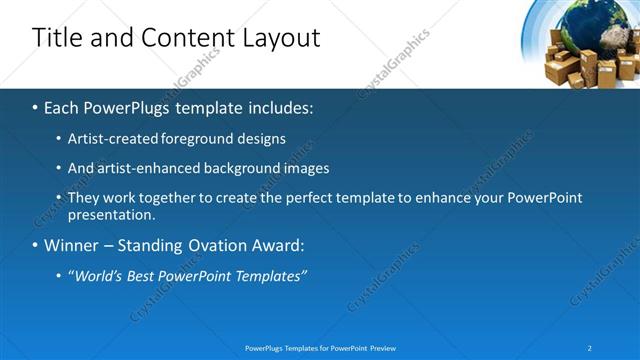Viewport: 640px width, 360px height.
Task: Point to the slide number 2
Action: pos(591,348)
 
